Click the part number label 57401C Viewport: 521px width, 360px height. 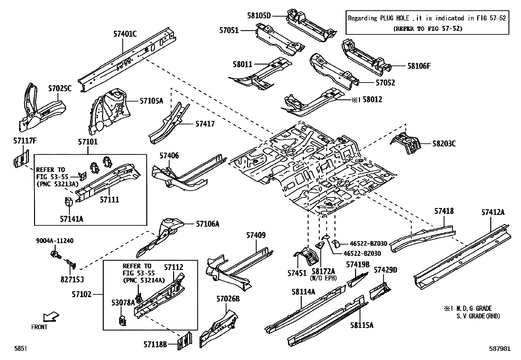[125, 33]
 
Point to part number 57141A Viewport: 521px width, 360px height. [71, 219]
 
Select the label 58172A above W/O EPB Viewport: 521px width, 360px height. [323, 272]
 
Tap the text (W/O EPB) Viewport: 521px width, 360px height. [323, 278]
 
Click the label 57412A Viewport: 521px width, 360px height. [493, 212]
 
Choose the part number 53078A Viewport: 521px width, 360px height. [123, 303]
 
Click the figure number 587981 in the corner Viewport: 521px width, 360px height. [499, 349]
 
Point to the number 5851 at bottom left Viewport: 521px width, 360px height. [20, 349]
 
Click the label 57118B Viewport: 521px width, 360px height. [155, 344]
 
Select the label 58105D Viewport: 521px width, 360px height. [259, 15]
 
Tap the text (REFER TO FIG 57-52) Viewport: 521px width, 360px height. [427, 28]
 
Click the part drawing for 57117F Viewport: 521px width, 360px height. [21, 159]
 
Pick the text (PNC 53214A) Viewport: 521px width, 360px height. [144, 280]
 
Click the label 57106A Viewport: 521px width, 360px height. [207, 224]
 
